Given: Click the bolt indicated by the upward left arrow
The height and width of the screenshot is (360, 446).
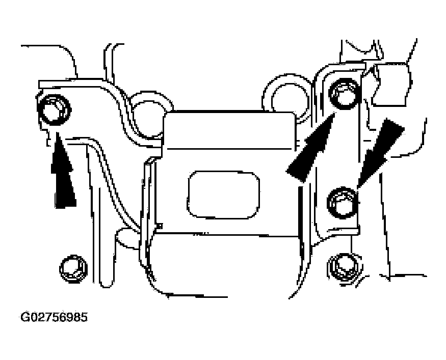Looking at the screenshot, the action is [x=54, y=109].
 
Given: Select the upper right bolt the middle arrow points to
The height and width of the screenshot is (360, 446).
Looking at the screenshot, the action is [x=344, y=93].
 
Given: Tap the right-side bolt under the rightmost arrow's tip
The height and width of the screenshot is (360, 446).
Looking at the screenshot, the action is [x=343, y=203].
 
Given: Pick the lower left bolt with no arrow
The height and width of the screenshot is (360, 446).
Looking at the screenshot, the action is [x=73, y=268].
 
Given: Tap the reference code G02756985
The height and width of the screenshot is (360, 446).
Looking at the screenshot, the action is [x=54, y=317].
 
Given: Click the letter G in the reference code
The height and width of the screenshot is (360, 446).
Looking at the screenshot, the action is [x=25, y=317].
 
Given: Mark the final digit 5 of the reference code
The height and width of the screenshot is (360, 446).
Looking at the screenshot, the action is [x=84, y=317].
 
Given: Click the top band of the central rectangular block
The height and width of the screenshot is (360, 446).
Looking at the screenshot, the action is [x=229, y=130].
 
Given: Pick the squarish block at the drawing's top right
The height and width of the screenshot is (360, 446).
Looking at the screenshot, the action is [x=390, y=85].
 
